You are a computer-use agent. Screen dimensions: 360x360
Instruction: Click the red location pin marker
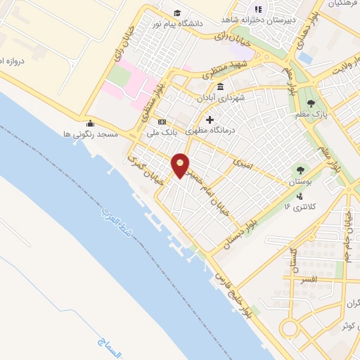(181, 165)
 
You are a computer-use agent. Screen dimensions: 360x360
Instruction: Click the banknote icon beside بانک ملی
(162, 121)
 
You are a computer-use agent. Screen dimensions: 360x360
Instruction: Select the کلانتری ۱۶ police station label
(297, 206)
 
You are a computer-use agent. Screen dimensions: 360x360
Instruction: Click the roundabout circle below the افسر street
(289, 328)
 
